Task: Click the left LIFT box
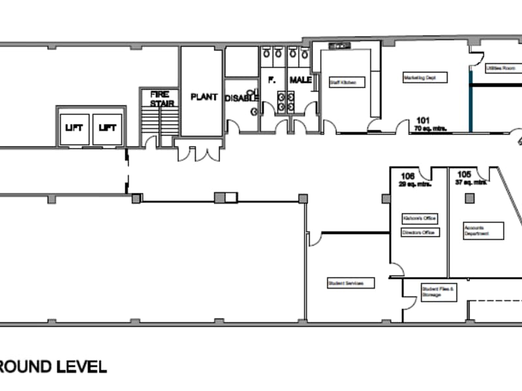pos(74,128)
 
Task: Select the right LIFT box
pos(108,128)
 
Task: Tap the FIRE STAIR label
pos(160,98)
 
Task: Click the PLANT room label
pos(204,97)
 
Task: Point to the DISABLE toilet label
pos(241,98)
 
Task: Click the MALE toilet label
pos(301,80)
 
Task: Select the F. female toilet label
pos(273,80)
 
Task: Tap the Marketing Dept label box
pos(424,78)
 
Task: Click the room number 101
pos(423,120)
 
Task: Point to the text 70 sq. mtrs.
pos(429,128)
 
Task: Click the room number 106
pos(408,175)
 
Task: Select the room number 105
pos(464,174)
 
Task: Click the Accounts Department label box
pos(484,230)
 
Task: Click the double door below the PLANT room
pos(199,154)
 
